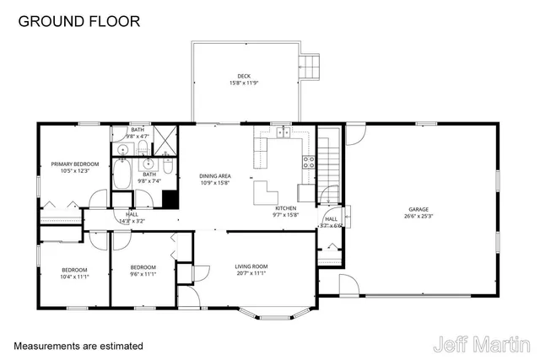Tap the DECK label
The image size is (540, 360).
coord(244,76)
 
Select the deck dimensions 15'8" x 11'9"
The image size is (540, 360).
coord(244,83)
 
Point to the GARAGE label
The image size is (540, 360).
coord(419,209)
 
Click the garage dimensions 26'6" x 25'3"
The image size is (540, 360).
coord(419,216)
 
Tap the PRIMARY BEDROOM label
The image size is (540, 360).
coord(74,164)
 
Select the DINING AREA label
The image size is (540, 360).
coord(215,175)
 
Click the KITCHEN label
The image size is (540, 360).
coord(285,207)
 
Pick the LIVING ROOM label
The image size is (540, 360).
coord(251,266)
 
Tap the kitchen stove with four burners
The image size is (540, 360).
coord(307,163)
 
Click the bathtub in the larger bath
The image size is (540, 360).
coord(122,175)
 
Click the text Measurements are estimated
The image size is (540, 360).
coord(78,346)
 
